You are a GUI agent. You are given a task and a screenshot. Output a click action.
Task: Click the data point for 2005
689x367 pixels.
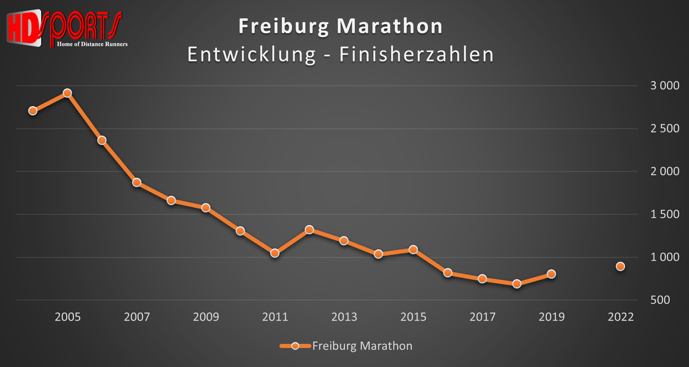point(67,93)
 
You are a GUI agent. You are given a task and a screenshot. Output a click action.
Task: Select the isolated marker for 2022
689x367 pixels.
point(621,266)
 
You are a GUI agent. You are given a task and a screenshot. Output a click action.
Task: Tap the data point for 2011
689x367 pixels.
point(275,253)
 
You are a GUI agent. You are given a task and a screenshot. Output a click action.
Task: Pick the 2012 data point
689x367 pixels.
point(309,230)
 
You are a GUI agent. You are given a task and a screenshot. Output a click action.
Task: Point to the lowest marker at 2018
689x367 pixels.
point(517,284)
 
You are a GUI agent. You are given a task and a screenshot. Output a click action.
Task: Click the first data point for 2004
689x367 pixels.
point(33,111)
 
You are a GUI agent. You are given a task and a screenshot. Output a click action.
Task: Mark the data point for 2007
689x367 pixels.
point(137,183)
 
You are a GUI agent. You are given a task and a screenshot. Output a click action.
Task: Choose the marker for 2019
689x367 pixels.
point(551,274)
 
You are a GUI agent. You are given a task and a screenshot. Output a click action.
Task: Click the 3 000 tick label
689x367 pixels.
point(664,86)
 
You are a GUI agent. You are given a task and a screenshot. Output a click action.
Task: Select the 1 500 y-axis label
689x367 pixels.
point(664,215)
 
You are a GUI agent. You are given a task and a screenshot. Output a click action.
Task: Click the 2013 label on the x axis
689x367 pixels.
point(344,317)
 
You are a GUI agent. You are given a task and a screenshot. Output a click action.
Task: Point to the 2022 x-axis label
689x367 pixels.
point(621,317)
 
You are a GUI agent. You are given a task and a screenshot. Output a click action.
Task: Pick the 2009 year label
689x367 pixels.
point(206,317)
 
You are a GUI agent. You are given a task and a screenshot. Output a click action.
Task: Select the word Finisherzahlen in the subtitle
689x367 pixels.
point(416,55)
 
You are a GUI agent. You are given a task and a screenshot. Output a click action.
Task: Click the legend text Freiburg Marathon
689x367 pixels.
point(362,346)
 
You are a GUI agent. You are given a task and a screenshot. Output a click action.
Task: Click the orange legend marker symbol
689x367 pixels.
point(295,346)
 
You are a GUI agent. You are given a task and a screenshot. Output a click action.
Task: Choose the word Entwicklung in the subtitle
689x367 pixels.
point(250,55)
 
